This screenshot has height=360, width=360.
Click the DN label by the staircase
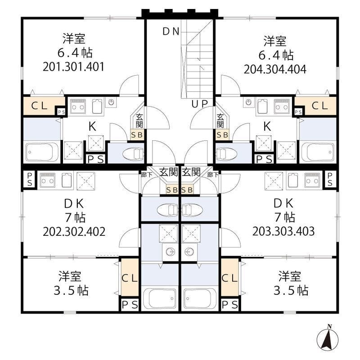(x=171, y=31)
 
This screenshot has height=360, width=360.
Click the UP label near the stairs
(x=200, y=104)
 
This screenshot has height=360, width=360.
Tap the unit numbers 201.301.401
(x=73, y=67)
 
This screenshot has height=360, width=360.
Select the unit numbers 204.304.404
(x=275, y=69)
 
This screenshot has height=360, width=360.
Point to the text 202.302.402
(x=74, y=232)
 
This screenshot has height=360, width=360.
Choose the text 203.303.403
(x=283, y=231)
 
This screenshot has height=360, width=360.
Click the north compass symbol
(x=328, y=339)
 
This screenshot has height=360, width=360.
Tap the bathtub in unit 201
(x=41, y=152)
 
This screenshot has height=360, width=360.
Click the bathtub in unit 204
(x=318, y=152)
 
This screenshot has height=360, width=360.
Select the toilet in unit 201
(x=133, y=153)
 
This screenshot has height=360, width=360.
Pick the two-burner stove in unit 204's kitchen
(x=282, y=106)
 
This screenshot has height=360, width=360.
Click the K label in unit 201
(x=92, y=126)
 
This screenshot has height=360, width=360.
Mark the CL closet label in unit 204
(x=319, y=106)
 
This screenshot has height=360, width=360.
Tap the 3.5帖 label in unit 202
(x=71, y=290)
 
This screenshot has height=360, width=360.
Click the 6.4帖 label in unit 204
(x=276, y=55)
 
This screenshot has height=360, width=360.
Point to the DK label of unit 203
(x=283, y=203)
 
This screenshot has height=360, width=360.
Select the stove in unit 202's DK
(x=47, y=180)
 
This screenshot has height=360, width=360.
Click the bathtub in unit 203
(x=200, y=298)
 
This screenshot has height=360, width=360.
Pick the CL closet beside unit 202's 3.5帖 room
(x=130, y=278)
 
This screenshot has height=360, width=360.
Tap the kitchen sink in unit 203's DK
(x=293, y=180)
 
